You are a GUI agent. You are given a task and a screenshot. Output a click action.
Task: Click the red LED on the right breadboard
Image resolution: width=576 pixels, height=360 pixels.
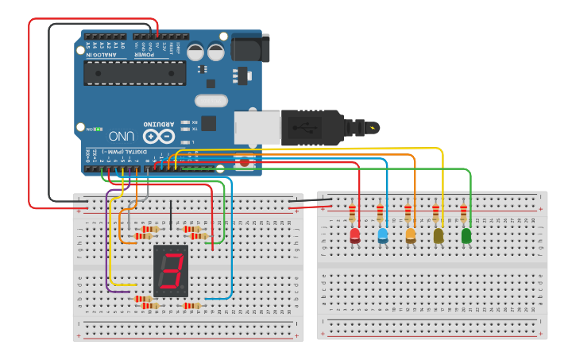tap(354, 236)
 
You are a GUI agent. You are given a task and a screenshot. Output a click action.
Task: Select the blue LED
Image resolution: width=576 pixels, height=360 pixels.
tap(382, 236)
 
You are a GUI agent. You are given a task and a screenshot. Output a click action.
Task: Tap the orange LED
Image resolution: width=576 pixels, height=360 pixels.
tap(411, 236)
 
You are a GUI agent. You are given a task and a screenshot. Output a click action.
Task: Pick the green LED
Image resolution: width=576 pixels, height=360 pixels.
tap(466, 236)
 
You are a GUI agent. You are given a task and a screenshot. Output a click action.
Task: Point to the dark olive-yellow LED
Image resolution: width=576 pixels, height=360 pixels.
tap(438, 236)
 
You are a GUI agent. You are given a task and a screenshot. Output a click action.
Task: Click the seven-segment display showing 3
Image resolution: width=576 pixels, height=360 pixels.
tap(171, 271)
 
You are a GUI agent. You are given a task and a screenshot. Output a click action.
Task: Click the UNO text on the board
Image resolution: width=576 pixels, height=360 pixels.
tap(121, 135)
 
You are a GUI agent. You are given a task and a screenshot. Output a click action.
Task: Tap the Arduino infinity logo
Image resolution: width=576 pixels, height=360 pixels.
tap(158, 135)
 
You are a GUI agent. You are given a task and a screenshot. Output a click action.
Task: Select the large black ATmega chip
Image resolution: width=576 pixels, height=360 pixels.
tap(135, 73)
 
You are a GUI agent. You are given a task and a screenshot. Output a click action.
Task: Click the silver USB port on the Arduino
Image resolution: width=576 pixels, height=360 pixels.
tap(257, 127)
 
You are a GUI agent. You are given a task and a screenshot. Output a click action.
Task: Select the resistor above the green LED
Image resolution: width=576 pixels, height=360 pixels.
tap(464, 213)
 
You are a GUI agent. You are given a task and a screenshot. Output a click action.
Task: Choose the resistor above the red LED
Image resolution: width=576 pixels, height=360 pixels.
tap(352, 213)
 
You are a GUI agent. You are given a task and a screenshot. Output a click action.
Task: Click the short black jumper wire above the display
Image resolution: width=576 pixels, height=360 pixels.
tap(171, 214)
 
